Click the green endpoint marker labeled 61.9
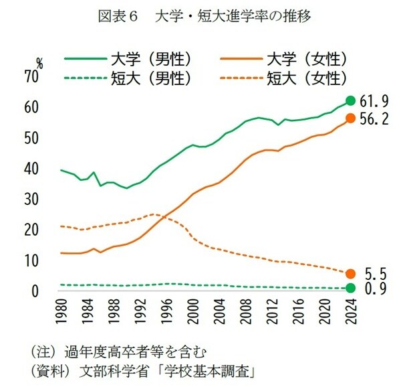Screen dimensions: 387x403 point(350,101)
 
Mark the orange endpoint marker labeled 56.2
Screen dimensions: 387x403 point(350,119)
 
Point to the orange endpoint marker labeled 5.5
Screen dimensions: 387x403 point(350,273)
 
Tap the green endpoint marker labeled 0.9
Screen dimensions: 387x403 point(350,288)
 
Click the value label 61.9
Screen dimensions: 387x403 point(374,102)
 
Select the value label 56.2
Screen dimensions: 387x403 point(374,119)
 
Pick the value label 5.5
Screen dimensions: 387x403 point(376,273)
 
